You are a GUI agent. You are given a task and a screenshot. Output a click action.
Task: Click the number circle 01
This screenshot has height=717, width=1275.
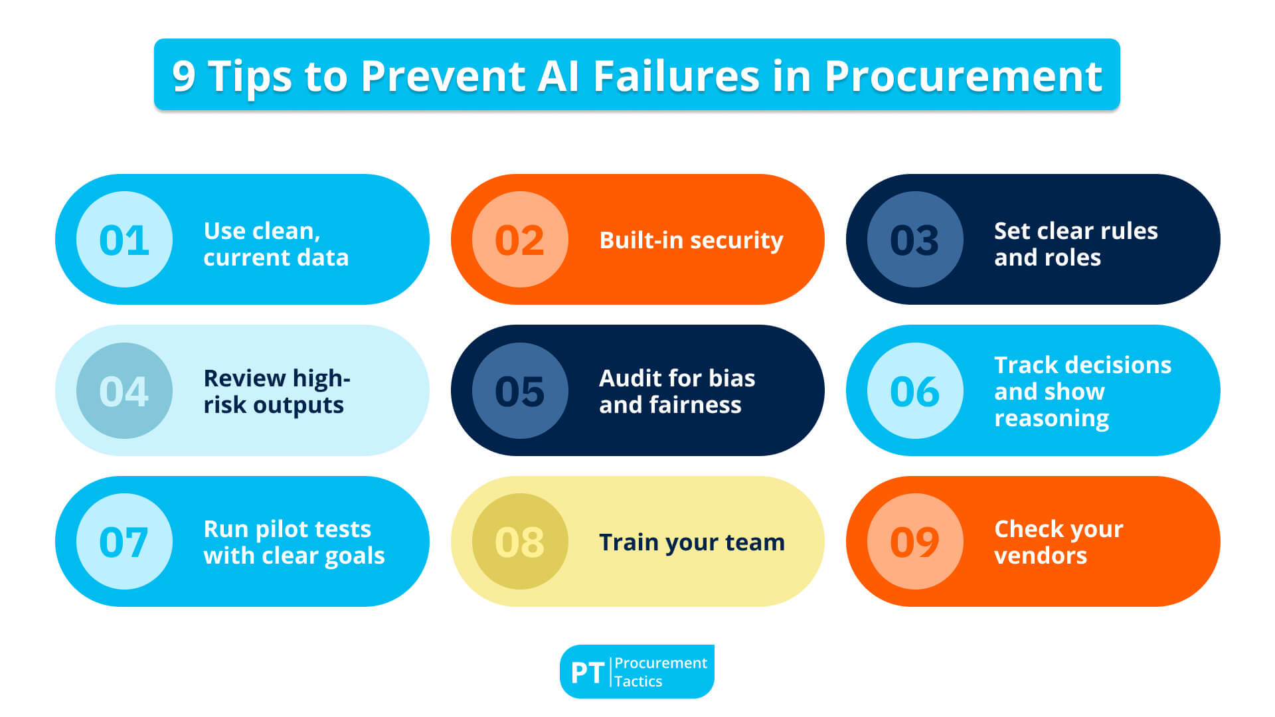tap(124, 240)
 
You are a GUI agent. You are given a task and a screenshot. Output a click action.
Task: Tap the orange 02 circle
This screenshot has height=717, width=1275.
tap(520, 240)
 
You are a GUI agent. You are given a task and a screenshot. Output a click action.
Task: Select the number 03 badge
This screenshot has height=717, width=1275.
tap(915, 240)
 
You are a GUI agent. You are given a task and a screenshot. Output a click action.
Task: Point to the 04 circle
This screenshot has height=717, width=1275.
tap(124, 390)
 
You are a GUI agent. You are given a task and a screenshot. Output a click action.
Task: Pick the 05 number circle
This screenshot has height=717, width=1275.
tap(520, 390)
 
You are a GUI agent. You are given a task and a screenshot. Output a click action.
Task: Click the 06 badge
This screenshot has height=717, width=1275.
tap(915, 390)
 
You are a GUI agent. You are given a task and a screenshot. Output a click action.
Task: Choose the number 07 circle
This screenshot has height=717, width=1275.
tap(124, 541)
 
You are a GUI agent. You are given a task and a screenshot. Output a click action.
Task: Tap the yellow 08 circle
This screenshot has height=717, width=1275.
tap(520, 541)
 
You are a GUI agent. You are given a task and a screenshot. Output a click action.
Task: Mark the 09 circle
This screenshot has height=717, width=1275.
tap(915, 541)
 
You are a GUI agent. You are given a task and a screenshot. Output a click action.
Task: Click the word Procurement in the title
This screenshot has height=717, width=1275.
tap(963, 76)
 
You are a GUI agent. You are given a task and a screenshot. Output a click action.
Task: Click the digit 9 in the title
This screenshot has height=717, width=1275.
tap(184, 76)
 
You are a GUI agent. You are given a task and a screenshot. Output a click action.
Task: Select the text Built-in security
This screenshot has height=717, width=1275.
tap(691, 240)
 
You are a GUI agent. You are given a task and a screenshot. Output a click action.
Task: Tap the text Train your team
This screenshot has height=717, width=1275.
tap(691, 542)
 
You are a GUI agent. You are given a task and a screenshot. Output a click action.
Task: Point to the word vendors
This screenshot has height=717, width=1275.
tap(1040, 556)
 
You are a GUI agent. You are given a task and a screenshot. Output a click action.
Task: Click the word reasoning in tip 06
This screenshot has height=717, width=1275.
tap(1051, 419)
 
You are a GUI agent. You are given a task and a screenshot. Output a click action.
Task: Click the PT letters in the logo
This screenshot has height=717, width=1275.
tap(587, 673)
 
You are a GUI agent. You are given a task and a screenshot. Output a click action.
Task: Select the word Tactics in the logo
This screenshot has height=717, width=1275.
tap(638, 681)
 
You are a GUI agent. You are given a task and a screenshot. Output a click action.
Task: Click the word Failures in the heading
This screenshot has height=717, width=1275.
tap(676, 76)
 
